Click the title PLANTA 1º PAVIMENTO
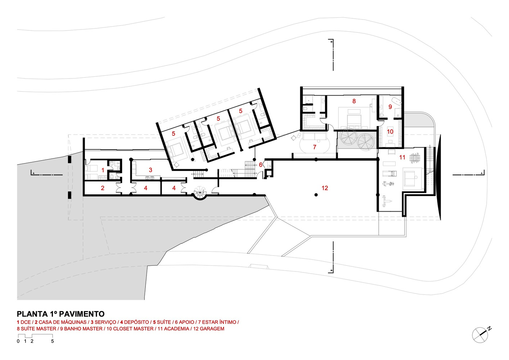pyautogui.click(x=61, y=314)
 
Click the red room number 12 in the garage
pyautogui.click(x=325, y=188)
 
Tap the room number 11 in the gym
pyautogui.click(x=402, y=157)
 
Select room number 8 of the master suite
pyautogui.click(x=354, y=101)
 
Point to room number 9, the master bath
pyautogui.click(x=390, y=107)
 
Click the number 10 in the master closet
pyautogui.click(x=390, y=132)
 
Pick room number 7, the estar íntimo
pyautogui.click(x=315, y=147)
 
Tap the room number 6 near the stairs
pyautogui.click(x=260, y=165)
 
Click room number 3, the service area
pyautogui.click(x=150, y=170)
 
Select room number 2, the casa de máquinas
pyautogui.click(x=103, y=188)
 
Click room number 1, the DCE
pyautogui.click(x=103, y=170)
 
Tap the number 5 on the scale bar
pyautogui.click(x=53, y=341)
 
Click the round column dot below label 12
pyautogui.click(x=316, y=195)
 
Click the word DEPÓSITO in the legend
pyautogui.click(x=136, y=322)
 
